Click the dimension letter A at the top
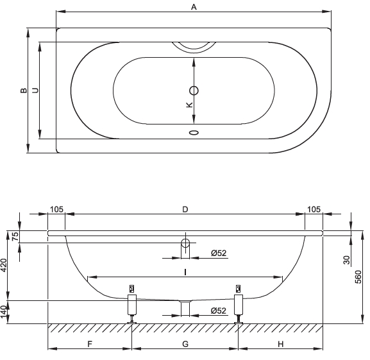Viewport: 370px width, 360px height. coord(194,7)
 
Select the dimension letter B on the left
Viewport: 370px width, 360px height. coord(24,90)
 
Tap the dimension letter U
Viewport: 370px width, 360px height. coord(35,90)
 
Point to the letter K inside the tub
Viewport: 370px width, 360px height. coord(189,105)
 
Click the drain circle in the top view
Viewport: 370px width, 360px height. coord(194,90)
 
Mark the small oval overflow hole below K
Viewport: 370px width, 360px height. coord(194,132)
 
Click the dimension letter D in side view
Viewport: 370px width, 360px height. coord(185,209)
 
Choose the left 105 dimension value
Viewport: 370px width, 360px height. coord(56,209)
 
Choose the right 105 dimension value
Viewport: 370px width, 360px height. coord(314,209)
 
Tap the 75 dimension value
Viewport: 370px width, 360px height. coord(15,236)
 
